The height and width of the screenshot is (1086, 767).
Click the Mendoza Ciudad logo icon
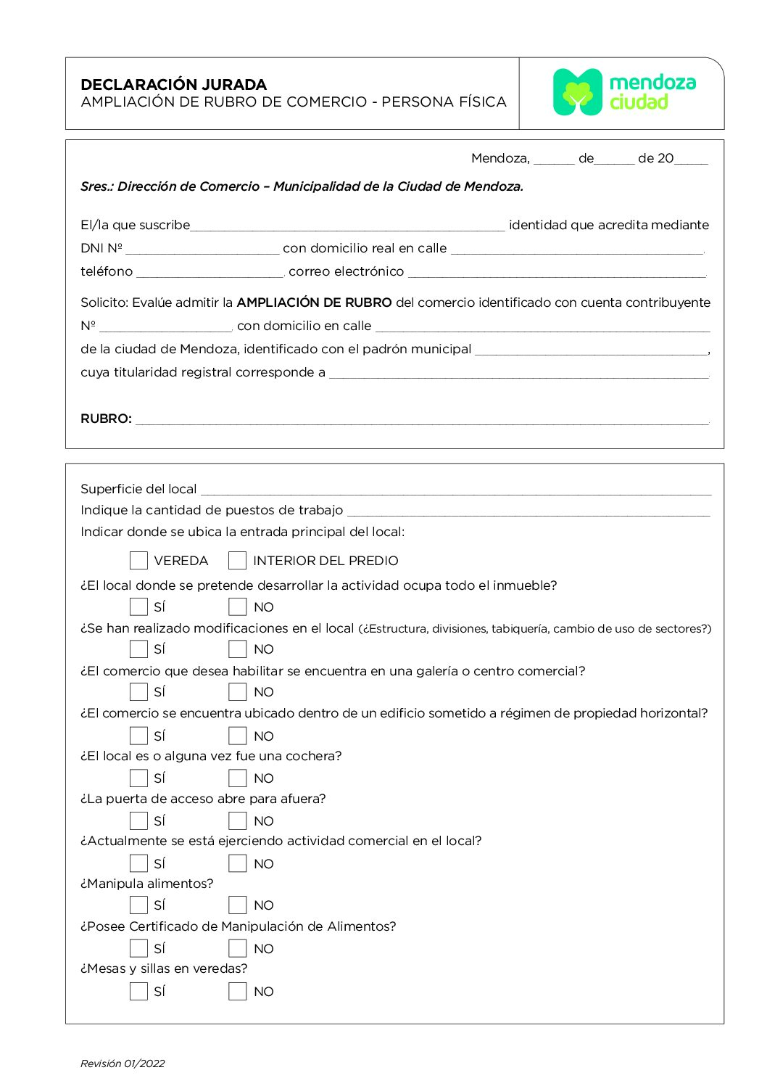click(578, 92)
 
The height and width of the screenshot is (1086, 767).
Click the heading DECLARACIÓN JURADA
click(173, 85)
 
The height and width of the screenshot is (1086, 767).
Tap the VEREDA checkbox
click(138, 560)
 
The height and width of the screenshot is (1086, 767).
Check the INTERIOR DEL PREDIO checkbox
click(237, 560)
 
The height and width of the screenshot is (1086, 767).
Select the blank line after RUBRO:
click(422, 419)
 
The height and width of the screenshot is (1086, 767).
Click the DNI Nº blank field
click(202, 249)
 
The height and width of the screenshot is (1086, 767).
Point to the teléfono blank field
click(210, 272)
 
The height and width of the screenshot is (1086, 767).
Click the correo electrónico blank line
click(557, 272)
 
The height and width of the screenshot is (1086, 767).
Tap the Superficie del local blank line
click(455, 490)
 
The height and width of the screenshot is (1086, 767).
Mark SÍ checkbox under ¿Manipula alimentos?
click(138, 905)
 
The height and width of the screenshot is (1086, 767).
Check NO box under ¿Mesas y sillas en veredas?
click(237, 991)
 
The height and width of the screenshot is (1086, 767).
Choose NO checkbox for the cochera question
click(237, 778)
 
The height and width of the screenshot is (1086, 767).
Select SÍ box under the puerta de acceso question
click(138, 820)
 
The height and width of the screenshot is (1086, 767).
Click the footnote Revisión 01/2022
click(123, 1064)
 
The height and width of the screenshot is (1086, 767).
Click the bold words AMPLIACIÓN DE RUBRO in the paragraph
click(314, 303)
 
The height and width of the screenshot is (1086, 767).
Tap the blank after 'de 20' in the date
click(691, 160)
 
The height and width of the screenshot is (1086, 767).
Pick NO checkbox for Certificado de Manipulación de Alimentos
click(237, 948)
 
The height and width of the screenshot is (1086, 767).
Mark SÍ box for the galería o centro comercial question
click(138, 691)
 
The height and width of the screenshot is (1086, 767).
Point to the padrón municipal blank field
click(591, 350)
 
